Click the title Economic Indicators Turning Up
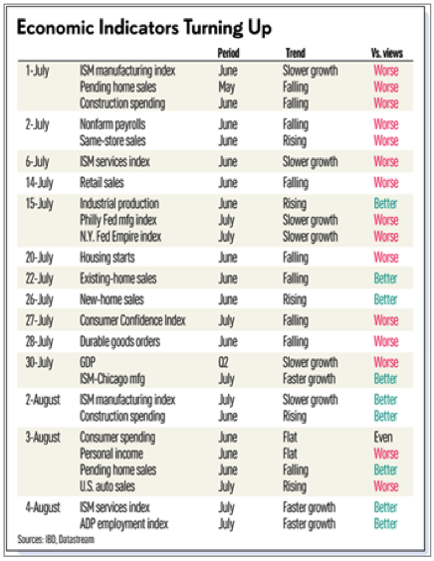(x=144, y=28)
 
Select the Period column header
(x=228, y=53)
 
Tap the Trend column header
(x=295, y=53)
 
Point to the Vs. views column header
(x=387, y=53)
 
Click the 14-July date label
(x=39, y=183)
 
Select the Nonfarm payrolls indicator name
(x=112, y=124)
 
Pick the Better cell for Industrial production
(x=385, y=203)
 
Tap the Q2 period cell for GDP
(x=223, y=362)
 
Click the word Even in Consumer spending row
(x=383, y=437)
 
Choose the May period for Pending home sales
(x=227, y=87)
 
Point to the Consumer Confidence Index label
(x=132, y=320)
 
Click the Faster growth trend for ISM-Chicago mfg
(x=309, y=379)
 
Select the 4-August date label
(x=43, y=507)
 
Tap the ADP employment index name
(x=123, y=524)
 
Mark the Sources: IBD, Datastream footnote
(x=56, y=539)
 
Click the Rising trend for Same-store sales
(x=295, y=140)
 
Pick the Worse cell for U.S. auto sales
(x=386, y=485)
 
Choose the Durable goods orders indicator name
(x=119, y=341)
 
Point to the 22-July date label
(x=39, y=279)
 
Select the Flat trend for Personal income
(x=290, y=454)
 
